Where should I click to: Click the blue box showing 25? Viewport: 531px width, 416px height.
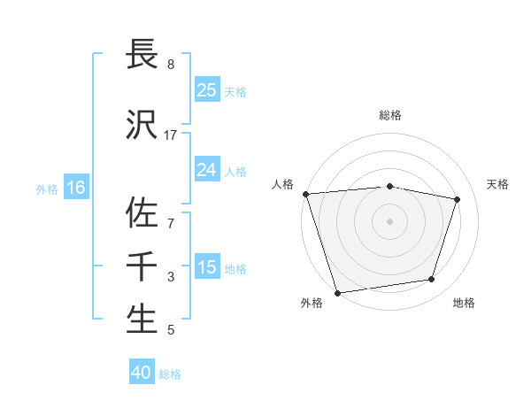point(206,89)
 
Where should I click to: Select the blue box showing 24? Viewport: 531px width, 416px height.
point(206,170)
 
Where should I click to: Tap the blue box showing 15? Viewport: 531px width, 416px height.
point(206,267)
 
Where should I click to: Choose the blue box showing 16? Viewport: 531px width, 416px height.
point(75,188)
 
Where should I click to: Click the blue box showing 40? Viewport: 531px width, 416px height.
point(142,373)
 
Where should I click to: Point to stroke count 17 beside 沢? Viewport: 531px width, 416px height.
point(171,135)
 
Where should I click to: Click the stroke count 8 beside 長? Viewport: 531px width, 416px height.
point(171,65)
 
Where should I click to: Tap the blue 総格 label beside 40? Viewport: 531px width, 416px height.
point(170,374)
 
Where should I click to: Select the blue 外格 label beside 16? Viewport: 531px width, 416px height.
point(47,189)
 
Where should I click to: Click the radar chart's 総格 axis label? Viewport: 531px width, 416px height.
point(390,115)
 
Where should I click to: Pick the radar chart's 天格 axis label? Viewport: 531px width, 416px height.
point(497,184)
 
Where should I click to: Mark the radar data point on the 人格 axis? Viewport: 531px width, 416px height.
point(305,194)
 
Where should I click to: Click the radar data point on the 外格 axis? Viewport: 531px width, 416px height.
point(337,292)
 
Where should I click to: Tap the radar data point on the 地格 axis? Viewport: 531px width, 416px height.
point(432,280)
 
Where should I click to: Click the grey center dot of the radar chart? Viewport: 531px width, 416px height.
point(390,220)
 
